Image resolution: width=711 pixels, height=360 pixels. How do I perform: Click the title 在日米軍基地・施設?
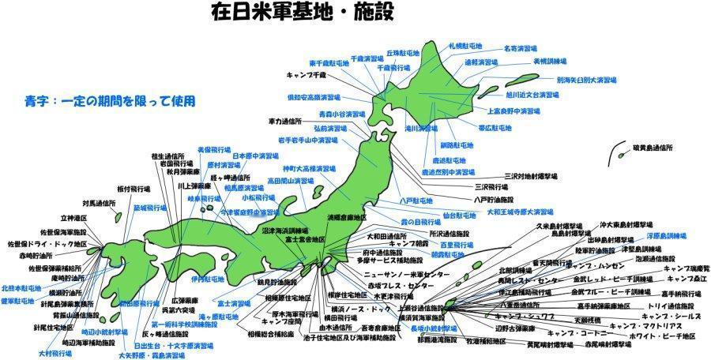pyautogui.click(x=303, y=13)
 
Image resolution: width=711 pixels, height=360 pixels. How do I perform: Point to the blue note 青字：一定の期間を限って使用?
pyautogui.click(x=110, y=101)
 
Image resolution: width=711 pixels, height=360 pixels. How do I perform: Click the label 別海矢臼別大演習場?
pyautogui.click(x=585, y=80)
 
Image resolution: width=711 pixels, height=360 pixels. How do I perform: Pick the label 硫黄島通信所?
pyautogui.click(x=653, y=148)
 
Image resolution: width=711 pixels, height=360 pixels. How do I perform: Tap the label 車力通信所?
pyautogui.click(x=285, y=122)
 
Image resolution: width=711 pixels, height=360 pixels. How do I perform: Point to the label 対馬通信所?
pyautogui.click(x=99, y=203)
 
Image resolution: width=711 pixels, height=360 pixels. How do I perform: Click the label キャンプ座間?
pyautogui.click(x=282, y=322)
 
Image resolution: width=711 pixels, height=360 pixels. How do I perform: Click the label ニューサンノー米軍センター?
pyautogui.click(x=397, y=274)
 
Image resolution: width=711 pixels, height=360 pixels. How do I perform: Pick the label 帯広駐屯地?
pyautogui.click(x=497, y=126)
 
